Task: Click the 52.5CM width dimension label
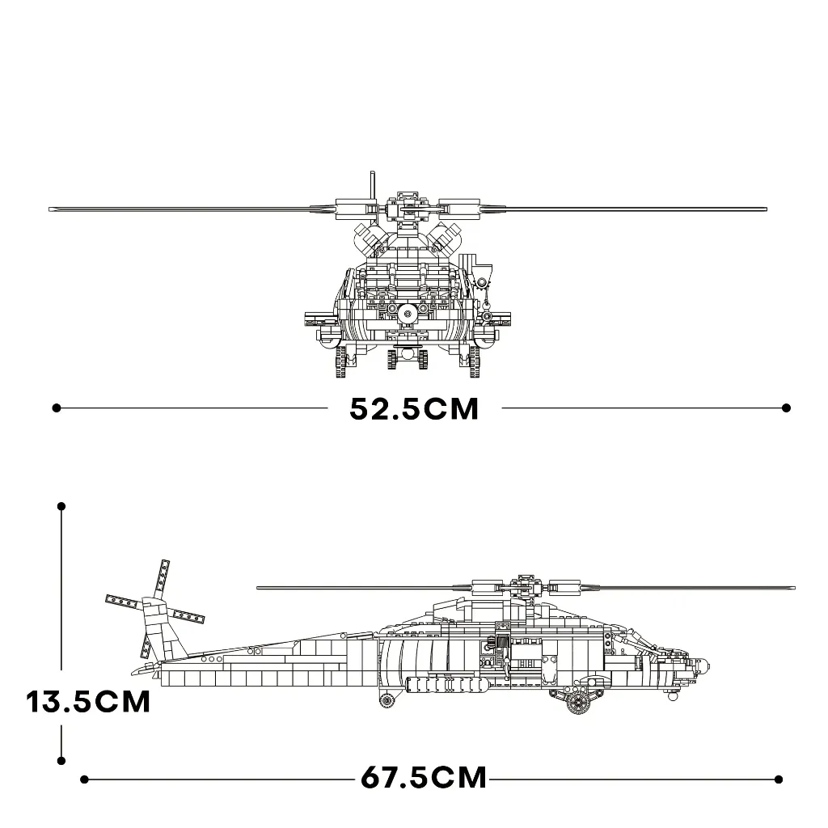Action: [x=414, y=408]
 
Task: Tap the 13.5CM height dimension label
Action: [x=88, y=702]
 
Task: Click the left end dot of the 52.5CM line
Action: [x=57, y=408]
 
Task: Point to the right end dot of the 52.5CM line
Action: [x=786, y=408]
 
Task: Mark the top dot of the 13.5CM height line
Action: [x=61, y=506]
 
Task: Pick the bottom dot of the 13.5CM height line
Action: [x=61, y=761]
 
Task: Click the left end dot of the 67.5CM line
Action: [x=84, y=779]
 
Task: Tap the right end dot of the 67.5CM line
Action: [x=779, y=779]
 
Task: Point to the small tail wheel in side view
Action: [x=387, y=701]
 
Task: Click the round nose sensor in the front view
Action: [x=408, y=315]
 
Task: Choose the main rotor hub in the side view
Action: [x=526, y=585]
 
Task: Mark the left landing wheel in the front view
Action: [x=340, y=361]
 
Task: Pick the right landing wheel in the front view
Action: [x=475, y=361]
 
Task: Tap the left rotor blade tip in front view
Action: [x=52, y=209]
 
